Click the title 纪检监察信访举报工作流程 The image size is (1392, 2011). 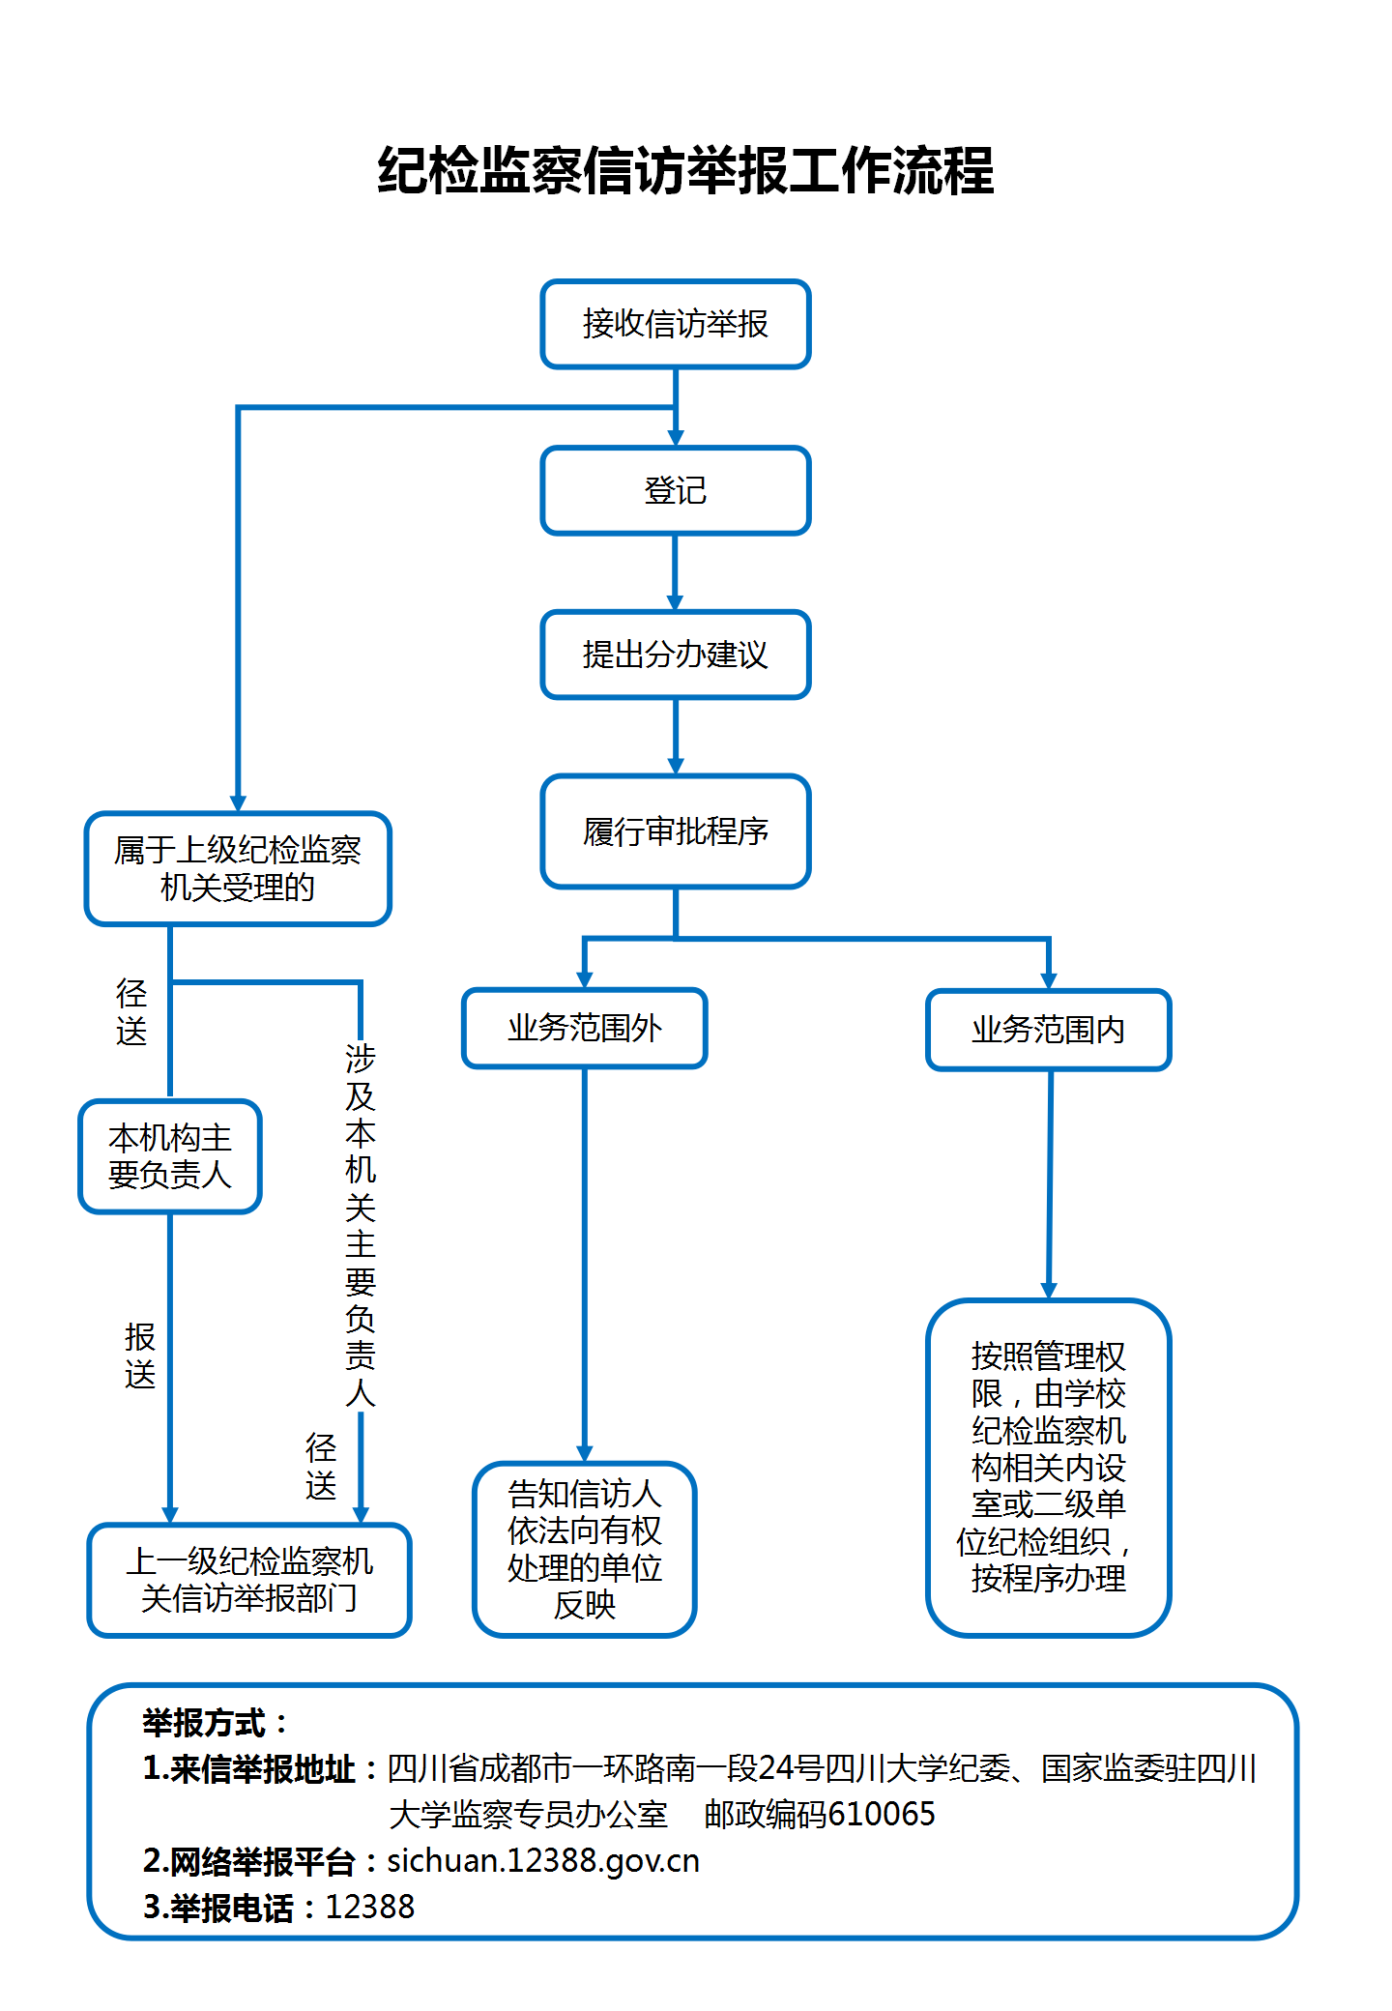[x=685, y=171]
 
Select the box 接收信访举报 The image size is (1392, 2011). [x=675, y=324]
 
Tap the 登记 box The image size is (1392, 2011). [x=675, y=490]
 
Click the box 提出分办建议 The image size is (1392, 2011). [x=675, y=655]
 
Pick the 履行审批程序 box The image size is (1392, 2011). [x=675, y=831]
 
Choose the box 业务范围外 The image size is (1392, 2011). [x=584, y=1028]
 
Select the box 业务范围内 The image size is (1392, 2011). [x=1048, y=1030]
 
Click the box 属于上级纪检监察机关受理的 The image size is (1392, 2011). [x=238, y=868]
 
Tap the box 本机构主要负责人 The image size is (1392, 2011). [x=170, y=1155]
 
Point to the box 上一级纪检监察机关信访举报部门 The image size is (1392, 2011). [x=249, y=1580]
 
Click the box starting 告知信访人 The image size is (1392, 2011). [x=584, y=1549]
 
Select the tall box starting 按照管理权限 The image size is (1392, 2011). [x=1048, y=1467]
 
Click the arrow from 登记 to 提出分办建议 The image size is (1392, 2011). [x=675, y=572]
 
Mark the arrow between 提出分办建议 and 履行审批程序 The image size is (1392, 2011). [x=675, y=737]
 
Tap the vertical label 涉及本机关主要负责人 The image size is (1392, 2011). [x=361, y=1224]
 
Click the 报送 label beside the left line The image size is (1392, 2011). [x=140, y=1355]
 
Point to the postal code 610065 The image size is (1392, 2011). [x=881, y=1814]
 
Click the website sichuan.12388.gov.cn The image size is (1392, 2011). [x=543, y=1860]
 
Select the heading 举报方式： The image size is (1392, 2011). [x=215, y=1722]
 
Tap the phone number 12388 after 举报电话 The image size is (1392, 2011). [x=369, y=1907]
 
